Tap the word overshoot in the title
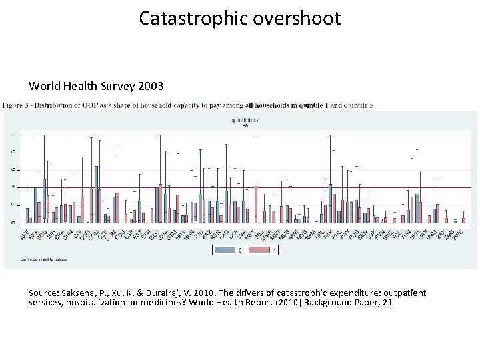[x=296, y=18]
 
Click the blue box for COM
[x=97, y=194]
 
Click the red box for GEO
[x=161, y=203]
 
